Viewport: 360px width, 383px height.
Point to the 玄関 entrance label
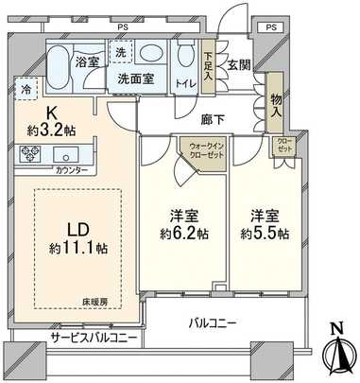pos(237,64)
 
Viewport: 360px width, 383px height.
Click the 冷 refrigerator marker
pos(24,90)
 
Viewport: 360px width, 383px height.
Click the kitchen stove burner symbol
pos(28,154)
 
